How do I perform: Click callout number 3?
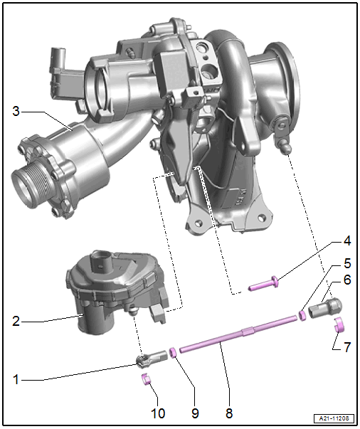click(16, 112)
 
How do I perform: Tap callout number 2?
click(16, 321)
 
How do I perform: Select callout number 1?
click(16, 379)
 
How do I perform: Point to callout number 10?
click(158, 413)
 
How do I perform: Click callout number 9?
click(195, 413)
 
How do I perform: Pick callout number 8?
click(229, 413)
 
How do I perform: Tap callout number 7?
click(347, 347)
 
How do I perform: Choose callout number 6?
click(347, 280)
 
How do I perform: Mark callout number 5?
click(347, 263)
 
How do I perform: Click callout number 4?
click(347, 241)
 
